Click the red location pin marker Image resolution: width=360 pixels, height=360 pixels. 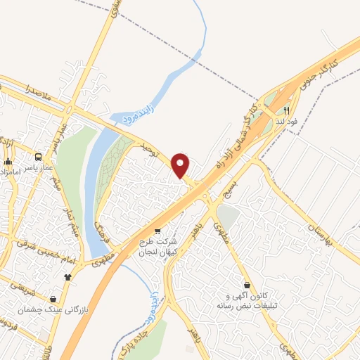pyautogui.click(x=181, y=165)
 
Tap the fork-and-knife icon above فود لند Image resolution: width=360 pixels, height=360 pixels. pyautogui.click(x=287, y=110)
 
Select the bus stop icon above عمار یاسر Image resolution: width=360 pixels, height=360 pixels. pyautogui.click(x=39, y=157)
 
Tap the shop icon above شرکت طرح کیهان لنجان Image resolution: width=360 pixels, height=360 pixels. pyautogui.click(x=157, y=231)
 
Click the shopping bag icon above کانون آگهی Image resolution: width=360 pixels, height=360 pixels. pyautogui.click(x=247, y=285)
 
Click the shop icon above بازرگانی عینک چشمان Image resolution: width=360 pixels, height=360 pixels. pyautogui.click(x=53, y=298)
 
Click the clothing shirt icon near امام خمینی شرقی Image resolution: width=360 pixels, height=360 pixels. pyautogui.click(x=67, y=276)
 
